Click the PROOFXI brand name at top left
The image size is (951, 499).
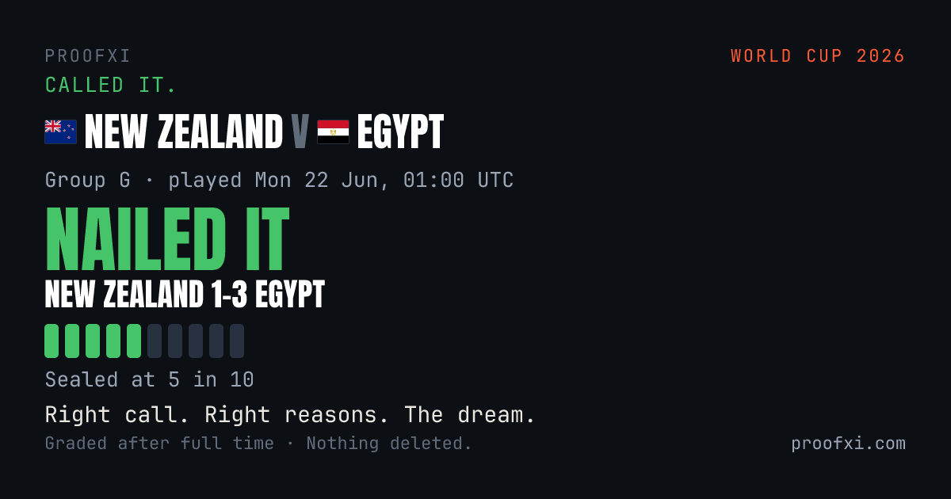point(87,56)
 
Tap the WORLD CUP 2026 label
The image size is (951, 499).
point(818,56)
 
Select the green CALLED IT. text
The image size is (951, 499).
point(110,85)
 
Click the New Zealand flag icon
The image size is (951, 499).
point(61,132)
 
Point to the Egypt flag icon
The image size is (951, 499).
point(334,132)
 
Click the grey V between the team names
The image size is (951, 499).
point(300,132)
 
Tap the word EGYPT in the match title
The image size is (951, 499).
point(400,132)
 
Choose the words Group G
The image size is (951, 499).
point(88,180)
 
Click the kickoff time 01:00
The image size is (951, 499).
point(434,180)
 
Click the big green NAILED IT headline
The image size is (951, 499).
point(167,239)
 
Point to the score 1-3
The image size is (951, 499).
point(229,294)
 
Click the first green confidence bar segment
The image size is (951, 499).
point(52,341)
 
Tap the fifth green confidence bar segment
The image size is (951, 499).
point(134,341)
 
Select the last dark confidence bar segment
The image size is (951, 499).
point(237,341)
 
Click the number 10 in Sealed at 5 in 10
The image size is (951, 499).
point(242,379)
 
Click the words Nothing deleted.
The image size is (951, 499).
point(389,444)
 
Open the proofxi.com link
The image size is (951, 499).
point(848,444)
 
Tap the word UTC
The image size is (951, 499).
point(495,180)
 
